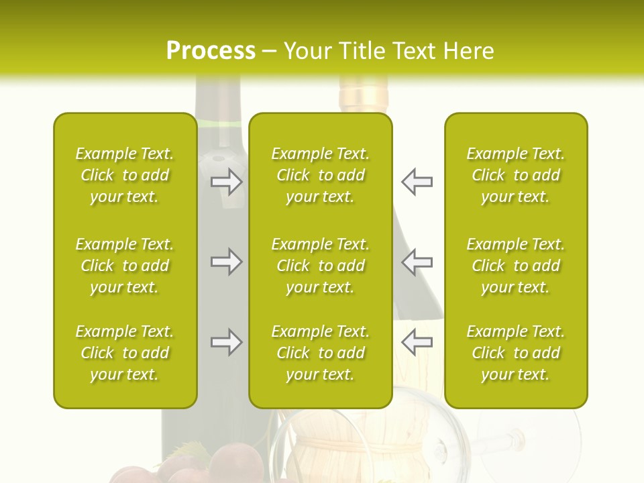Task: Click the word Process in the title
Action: (211, 51)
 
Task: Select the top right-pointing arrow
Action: (226, 182)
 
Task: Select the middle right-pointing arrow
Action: (226, 262)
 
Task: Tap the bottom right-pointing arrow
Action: (226, 342)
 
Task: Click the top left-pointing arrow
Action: (417, 182)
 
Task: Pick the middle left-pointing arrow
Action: (417, 262)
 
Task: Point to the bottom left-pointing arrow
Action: (417, 342)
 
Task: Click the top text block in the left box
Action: (125, 175)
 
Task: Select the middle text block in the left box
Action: (125, 266)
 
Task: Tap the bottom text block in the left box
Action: (125, 353)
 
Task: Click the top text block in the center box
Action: (320, 175)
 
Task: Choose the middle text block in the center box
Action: (320, 266)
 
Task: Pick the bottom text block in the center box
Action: (320, 353)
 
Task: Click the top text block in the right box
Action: (515, 175)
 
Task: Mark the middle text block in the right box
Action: (515, 266)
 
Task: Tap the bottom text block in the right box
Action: (515, 353)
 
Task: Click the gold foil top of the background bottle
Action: (363, 94)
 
